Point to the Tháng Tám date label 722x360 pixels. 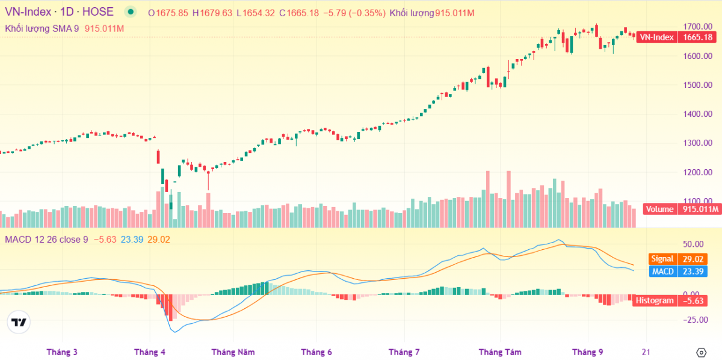tap(500, 352)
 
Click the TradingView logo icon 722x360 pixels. tap(19, 322)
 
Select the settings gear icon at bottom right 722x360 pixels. tap(701, 352)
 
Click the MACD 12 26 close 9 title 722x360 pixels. tap(46, 240)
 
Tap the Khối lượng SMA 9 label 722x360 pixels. tap(42, 28)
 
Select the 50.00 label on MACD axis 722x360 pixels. tap(694, 244)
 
